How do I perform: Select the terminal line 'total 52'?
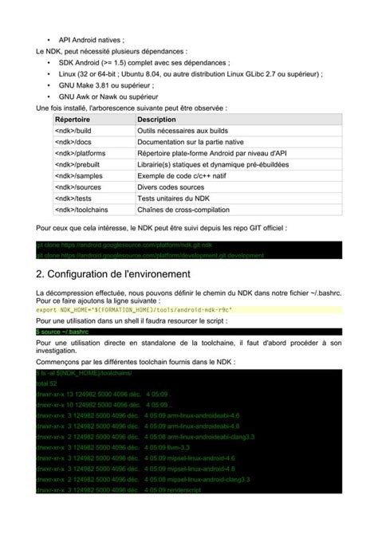(48, 383)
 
